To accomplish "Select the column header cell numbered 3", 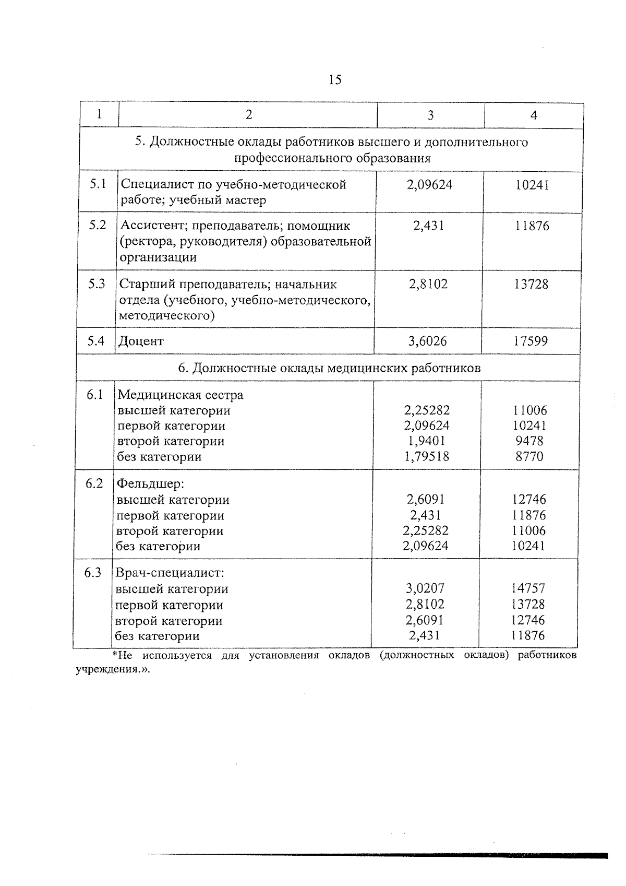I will pos(430,115).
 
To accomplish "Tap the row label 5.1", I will pos(98,184).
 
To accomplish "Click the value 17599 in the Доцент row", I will pos(530,341).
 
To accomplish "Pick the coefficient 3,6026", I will pos(427,341).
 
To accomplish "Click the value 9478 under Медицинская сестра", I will pos(529,441).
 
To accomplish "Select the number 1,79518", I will pos(427,457).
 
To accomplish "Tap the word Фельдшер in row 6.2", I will pos(150,484).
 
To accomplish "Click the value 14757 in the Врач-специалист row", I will pos(528,588).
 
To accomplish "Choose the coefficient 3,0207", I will pos(425,588).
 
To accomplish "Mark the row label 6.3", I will pos(93,573).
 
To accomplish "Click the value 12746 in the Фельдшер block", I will pos(529,500).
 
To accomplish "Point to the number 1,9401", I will pos(427,441).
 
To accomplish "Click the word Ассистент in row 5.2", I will pos(150,226).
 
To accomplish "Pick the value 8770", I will pos(529,457).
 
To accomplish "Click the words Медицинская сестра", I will pos(180,395).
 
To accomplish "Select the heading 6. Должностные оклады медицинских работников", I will pos(329,368).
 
